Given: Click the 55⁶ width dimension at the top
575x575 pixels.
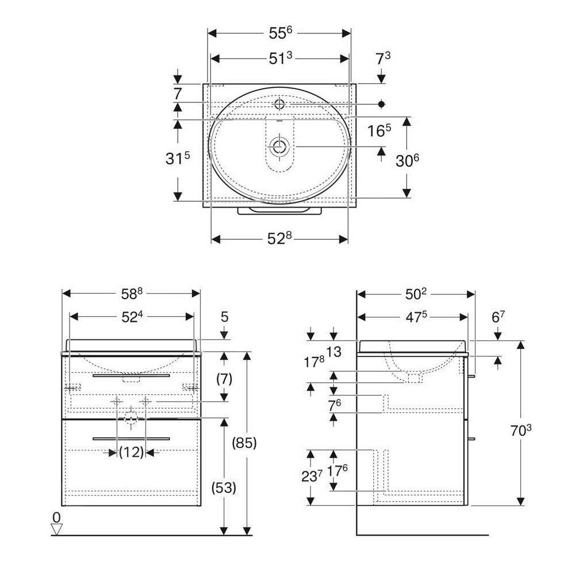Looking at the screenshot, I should pyautogui.click(x=280, y=33).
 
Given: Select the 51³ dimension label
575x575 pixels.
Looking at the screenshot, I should pyautogui.click(x=281, y=58).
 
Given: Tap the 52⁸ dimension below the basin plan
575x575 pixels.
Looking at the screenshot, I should pyautogui.click(x=281, y=239).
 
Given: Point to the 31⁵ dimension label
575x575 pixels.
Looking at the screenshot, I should pyautogui.click(x=177, y=159).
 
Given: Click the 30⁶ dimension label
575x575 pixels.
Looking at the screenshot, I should pyautogui.click(x=407, y=162).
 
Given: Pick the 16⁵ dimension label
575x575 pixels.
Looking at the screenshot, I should pyautogui.click(x=379, y=131).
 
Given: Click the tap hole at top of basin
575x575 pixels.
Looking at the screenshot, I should pyautogui.click(x=279, y=104).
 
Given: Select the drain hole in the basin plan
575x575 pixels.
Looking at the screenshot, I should pyautogui.click(x=279, y=147).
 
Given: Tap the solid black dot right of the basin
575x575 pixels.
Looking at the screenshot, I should pyautogui.click(x=381, y=104).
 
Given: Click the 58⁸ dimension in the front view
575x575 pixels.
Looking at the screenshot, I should pyautogui.click(x=131, y=293).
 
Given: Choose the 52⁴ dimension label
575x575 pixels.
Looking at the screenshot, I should pyautogui.click(x=131, y=316).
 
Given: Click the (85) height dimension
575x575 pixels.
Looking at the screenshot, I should pyautogui.click(x=244, y=443).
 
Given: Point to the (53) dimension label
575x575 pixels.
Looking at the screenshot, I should pyautogui.click(x=224, y=488).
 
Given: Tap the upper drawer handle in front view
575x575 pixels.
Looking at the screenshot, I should pyautogui.click(x=131, y=375).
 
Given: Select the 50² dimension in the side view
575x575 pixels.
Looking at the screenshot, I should pyautogui.click(x=416, y=294).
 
